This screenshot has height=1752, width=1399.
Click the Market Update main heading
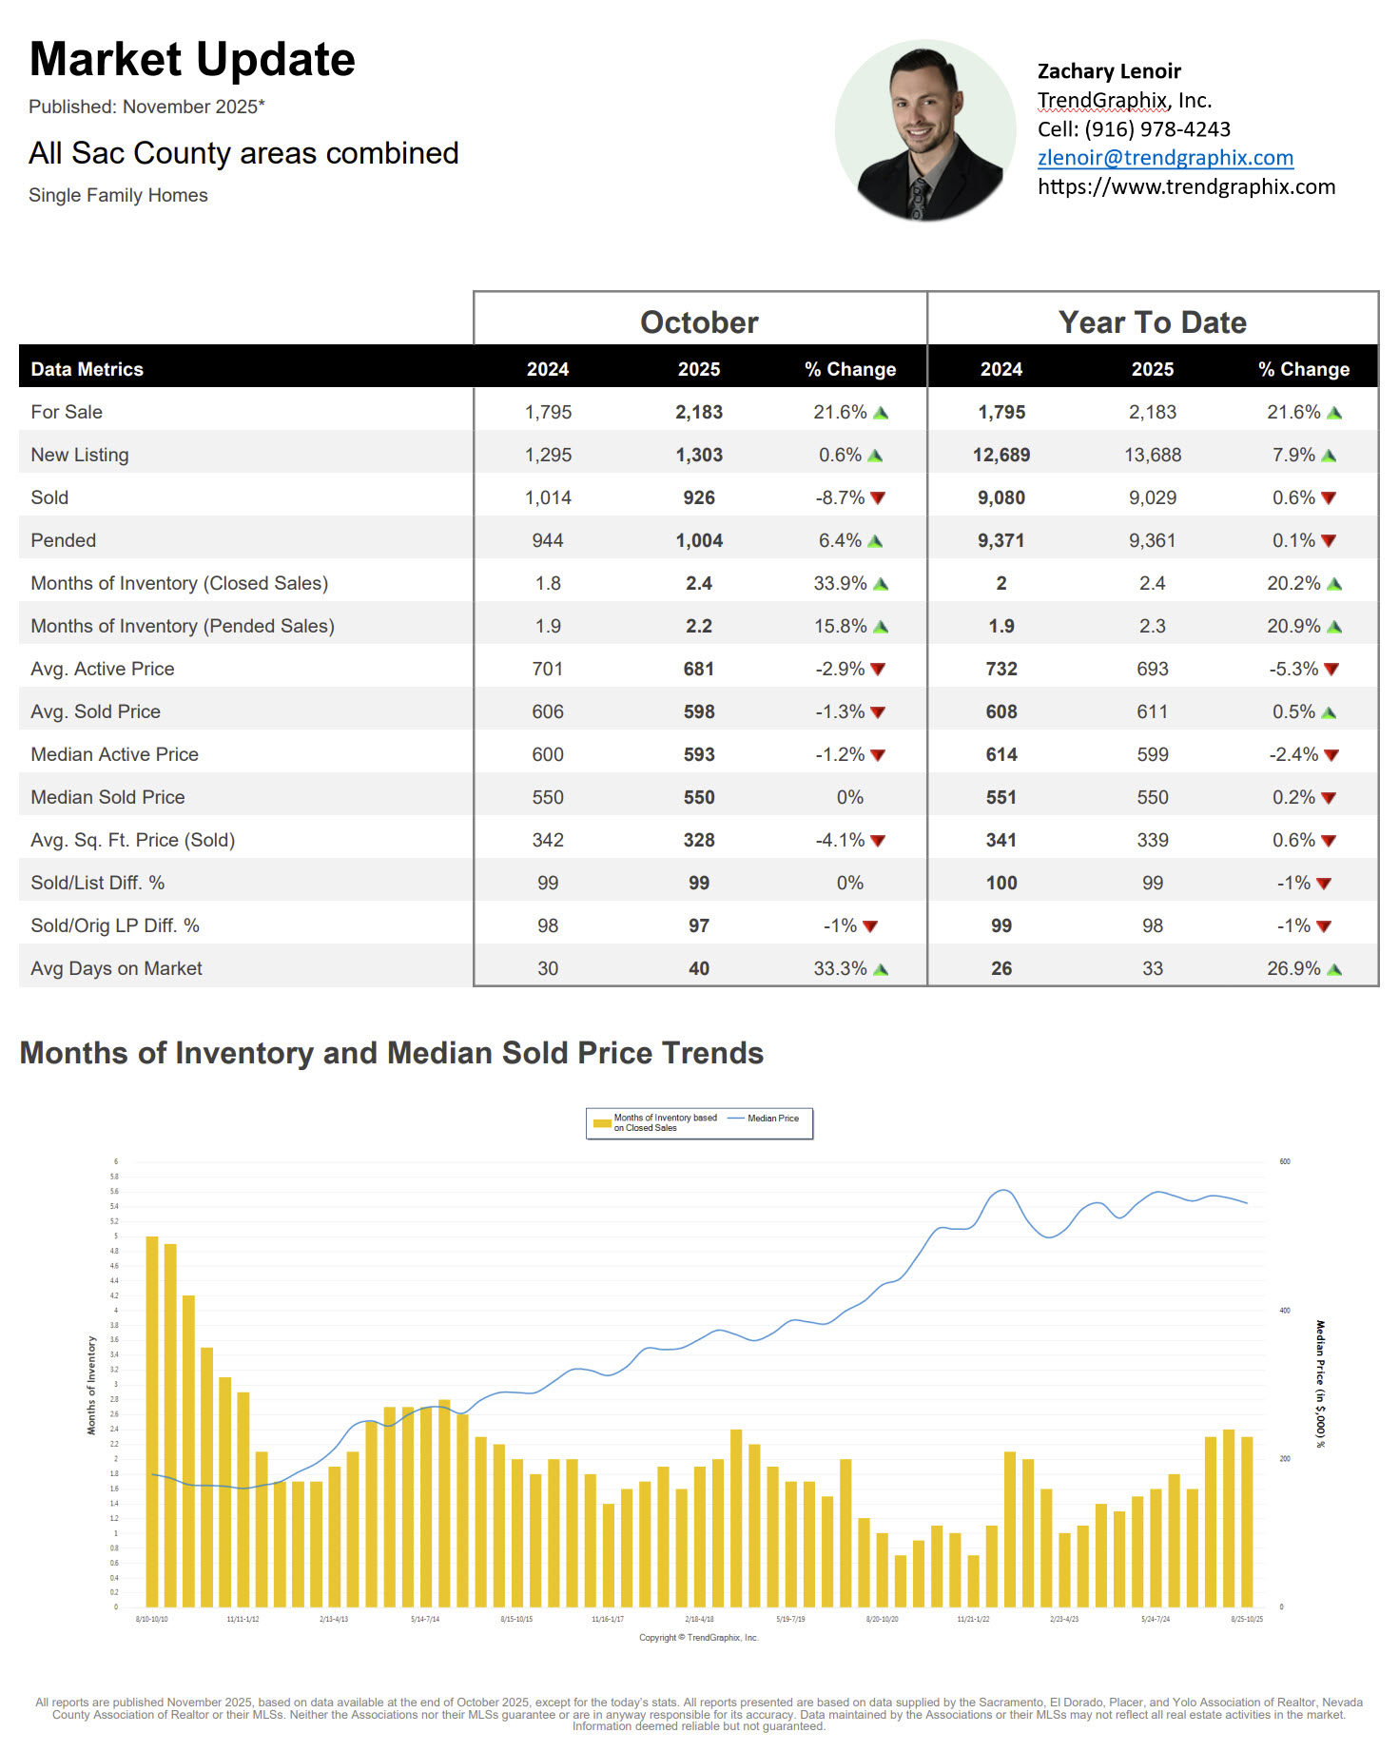192,60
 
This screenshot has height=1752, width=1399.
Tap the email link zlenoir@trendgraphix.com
1165,158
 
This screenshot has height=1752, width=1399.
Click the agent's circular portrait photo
925,131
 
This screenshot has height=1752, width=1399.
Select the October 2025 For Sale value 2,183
699,412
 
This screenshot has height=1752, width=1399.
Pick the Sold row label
49,497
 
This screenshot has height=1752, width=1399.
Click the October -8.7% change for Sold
840,497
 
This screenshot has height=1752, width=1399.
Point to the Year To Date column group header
1152,322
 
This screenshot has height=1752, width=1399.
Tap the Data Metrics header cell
87,369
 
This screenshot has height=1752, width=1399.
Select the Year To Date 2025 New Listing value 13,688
1152,455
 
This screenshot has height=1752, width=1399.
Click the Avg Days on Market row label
116,968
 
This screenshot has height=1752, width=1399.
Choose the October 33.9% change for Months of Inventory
840,583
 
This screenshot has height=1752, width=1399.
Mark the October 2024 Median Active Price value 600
548,754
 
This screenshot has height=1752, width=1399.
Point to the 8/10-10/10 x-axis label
152,1619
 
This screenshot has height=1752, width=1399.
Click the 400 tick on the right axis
1285,1311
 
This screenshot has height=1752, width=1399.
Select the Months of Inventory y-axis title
92,1385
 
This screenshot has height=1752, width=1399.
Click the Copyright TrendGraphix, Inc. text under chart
699,1638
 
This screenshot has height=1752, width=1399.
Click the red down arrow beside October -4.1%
878,841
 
